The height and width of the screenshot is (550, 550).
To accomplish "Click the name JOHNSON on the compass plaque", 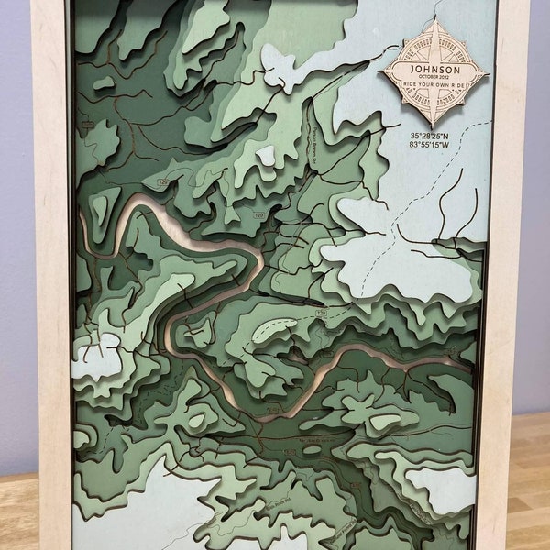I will [x=435, y=68].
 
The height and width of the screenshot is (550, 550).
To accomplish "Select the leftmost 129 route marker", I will [x=162, y=183].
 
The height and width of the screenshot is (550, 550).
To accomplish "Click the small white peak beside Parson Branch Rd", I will [x=265, y=156].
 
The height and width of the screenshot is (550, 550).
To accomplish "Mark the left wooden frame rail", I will [x=50, y=275].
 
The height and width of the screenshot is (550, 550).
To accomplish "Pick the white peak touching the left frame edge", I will [x=96, y=353].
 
